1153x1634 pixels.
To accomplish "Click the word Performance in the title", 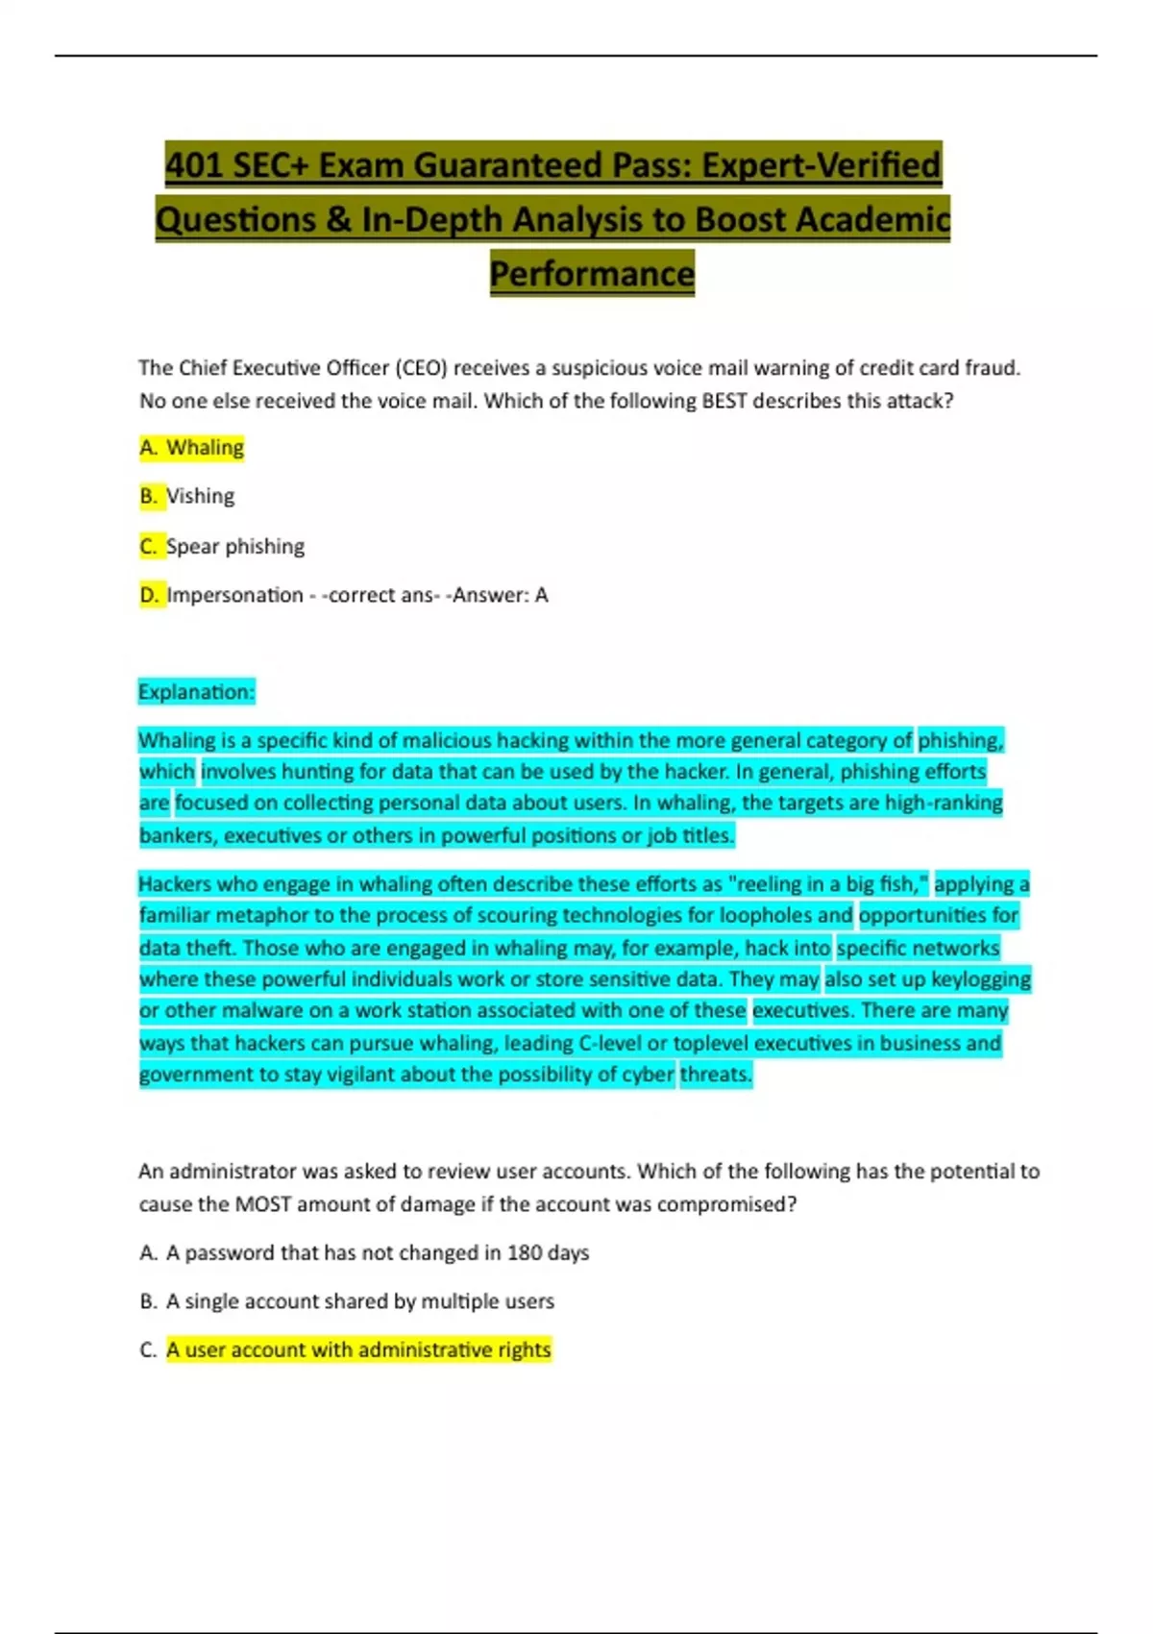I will [592, 274].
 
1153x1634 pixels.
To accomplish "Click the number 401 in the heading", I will [194, 165].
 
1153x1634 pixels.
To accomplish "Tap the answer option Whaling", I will [205, 448].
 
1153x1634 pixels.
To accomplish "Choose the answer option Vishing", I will [200, 496].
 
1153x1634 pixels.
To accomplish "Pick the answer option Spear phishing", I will [235, 546].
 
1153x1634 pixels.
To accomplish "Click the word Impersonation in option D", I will [234, 595].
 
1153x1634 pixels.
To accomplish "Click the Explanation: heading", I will [196, 692].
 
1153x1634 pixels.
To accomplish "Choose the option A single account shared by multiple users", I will [360, 1301].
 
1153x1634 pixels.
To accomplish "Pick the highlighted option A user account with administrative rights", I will [358, 1349].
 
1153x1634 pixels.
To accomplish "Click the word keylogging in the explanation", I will [981, 979].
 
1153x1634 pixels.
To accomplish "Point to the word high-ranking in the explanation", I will [944, 803].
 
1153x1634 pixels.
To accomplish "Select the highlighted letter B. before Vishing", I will [149, 496].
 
